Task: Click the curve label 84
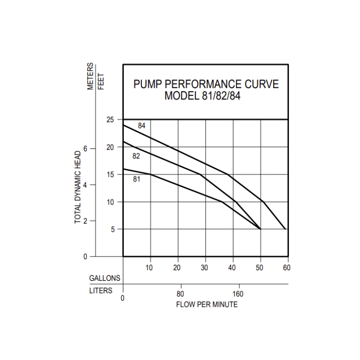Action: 142,126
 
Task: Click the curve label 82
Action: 136,156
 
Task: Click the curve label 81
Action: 136,179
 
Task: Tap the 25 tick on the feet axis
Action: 110,120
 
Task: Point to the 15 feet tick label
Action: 110,175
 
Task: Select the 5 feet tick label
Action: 113,229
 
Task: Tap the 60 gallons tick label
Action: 287,268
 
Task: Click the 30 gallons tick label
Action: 205,268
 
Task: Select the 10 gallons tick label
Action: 149,268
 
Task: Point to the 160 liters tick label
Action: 238,294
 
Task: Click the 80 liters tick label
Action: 180,294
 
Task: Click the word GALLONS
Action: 104,278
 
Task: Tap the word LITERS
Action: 101,291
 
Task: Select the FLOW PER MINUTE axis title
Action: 207,305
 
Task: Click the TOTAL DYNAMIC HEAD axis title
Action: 78,187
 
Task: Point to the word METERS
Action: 91,76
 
